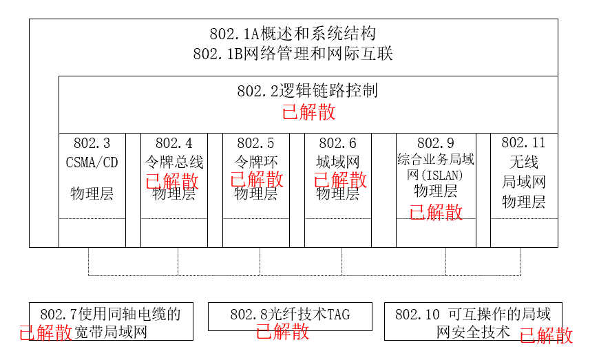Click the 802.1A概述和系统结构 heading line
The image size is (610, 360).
[293, 34]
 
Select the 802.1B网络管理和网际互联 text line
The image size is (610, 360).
[293, 54]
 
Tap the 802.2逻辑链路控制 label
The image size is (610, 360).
[307, 91]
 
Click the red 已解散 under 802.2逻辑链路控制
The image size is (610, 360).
[309, 112]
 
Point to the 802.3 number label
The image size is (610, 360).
[92, 143]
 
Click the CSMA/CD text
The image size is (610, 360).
[92, 163]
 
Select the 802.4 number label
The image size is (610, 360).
[173, 143]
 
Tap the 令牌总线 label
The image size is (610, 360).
[173, 163]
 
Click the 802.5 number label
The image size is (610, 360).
[255, 143]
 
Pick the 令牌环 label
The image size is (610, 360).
[255, 163]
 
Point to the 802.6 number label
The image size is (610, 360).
[337, 143]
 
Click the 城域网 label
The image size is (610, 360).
[337, 163]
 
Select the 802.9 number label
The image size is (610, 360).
[435, 143]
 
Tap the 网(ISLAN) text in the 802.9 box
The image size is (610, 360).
[435, 174]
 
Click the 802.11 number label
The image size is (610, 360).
[523, 143]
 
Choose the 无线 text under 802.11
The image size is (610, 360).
[523, 163]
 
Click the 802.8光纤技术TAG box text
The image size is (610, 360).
[290, 315]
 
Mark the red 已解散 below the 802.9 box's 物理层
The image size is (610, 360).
[436, 212]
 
